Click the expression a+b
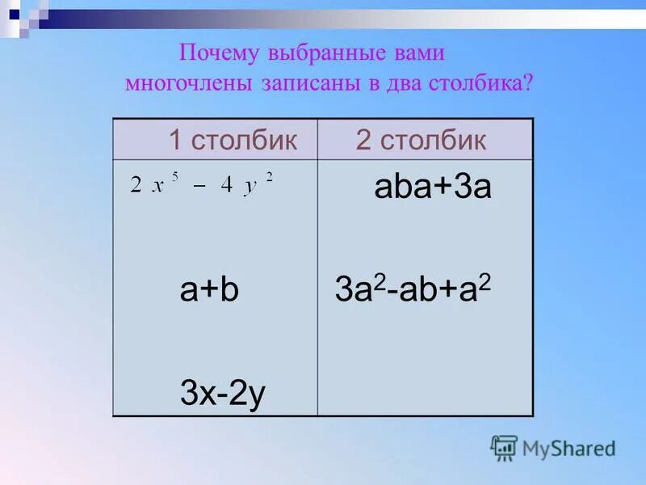(209, 291)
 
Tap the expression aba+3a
(433, 189)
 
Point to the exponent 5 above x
(174, 176)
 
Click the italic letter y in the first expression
(251, 186)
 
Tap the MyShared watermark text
(568, 448)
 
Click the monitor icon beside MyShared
(504, 448)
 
